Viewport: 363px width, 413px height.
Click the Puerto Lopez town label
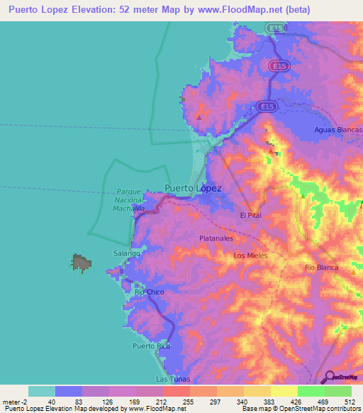coord(193,189)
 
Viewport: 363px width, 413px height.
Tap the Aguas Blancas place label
coord(338,130)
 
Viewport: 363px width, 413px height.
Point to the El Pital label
coord(252,215)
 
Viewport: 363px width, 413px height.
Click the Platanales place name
coord(216,238)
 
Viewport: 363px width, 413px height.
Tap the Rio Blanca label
coord(320,267)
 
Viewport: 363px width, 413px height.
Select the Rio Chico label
coord(150,292)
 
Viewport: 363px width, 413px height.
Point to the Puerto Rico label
coord(152,346)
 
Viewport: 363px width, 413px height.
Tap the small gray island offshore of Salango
coord(81,263)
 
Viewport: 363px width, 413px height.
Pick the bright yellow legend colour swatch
coord(284,391)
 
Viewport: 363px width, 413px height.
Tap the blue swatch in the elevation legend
coord(69,391)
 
